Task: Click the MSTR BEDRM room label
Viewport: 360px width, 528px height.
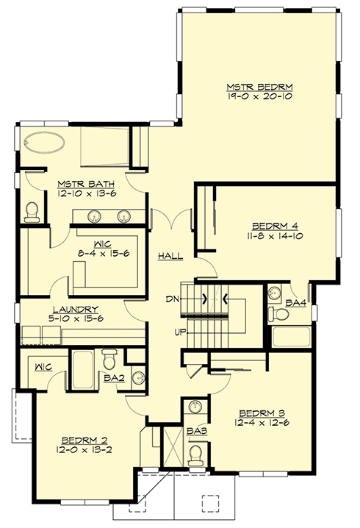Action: pyautogui.click(x=259, y=88)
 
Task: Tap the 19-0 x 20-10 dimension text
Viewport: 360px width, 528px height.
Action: pyautogui.click(x=259, y=96)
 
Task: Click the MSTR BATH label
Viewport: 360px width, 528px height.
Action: pyautogui.click(x=86, y=184)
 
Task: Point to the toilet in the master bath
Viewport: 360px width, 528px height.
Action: pyautogui.click(x=32, y=212)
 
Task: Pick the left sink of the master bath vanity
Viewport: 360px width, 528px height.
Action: pyautogui.click(x=94, y=216)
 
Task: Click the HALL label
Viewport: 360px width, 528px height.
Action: pyautogui.click(x=171, y=256)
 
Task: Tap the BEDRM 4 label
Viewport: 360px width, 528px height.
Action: pyautogui.click(x=276, y=226)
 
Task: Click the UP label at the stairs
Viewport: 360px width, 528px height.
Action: pyautogui.click(x=179, y=333)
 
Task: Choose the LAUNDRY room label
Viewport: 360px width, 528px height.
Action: pyautogui.click(x=76, y=310)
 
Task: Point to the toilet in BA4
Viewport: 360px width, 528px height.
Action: pyautogui.click(x=279, y=314)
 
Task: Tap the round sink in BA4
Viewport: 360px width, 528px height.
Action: pyautogui.click(x=275, y=293)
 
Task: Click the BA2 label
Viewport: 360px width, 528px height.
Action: pyautogui.click(x=115, y=379)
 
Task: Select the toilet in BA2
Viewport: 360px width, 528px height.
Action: pyautogui.click(x=109, y=360)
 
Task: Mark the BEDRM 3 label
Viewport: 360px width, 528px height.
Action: pyautogui.click(x=262, y=413)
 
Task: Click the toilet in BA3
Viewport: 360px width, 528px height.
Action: pyautogui.click(x=195, y=454)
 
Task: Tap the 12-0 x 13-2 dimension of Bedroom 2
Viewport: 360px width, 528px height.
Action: pyautogui.click(x=84, y=449)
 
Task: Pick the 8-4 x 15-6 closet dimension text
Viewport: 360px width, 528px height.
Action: pyautogui.click(x=104, y=254)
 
